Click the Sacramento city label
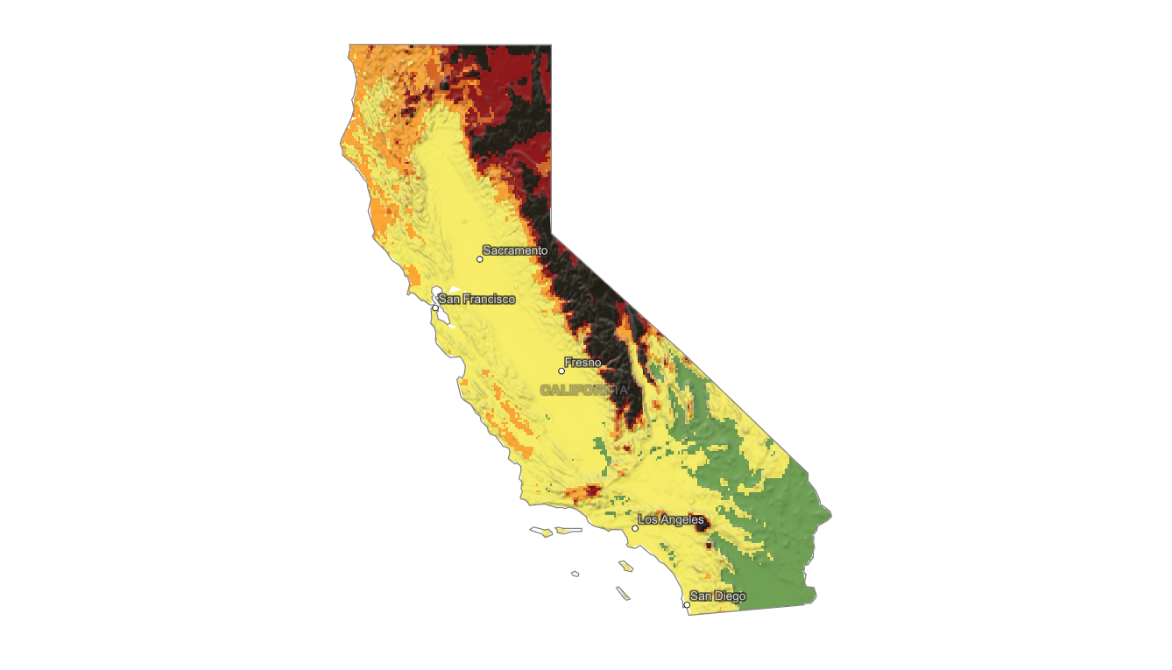click(x=515, y=250)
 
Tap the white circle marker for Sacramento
click(x=480, y=259)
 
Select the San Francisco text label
click(x=477, y=300)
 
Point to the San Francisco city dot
click(x=435, y=307)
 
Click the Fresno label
click(x=582, y=363)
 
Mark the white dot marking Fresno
click(x=561, y=371)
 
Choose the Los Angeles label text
click(x=670, y=520)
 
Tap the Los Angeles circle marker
click(x=635, y=528)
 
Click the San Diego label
click(x=717, y=596)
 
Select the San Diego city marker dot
click(x=687, y=604)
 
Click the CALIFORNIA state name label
click(x=584, y=390)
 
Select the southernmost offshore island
click(x=624, y=593)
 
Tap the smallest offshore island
click(x=575, y=574)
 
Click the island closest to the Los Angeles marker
click(x=625, y=566)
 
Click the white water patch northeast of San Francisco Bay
click(x=454, y=289)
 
